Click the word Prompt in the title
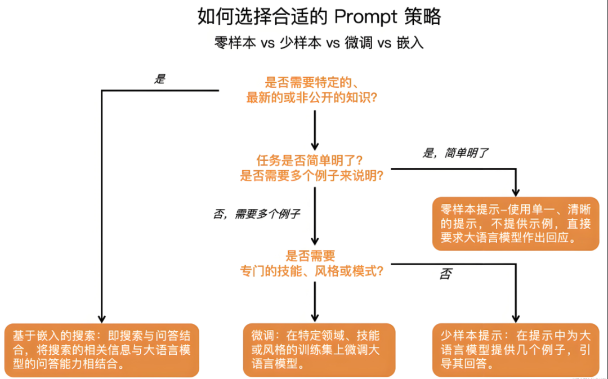point(365,16)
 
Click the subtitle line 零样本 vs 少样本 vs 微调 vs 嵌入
point(319,43)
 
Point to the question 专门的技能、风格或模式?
point(312,271)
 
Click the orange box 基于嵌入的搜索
point(101,349)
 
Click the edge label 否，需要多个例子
point(256,213)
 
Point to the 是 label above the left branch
point(160,79)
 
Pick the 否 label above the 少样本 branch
point(445,274)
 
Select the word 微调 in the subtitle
point(358,43)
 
